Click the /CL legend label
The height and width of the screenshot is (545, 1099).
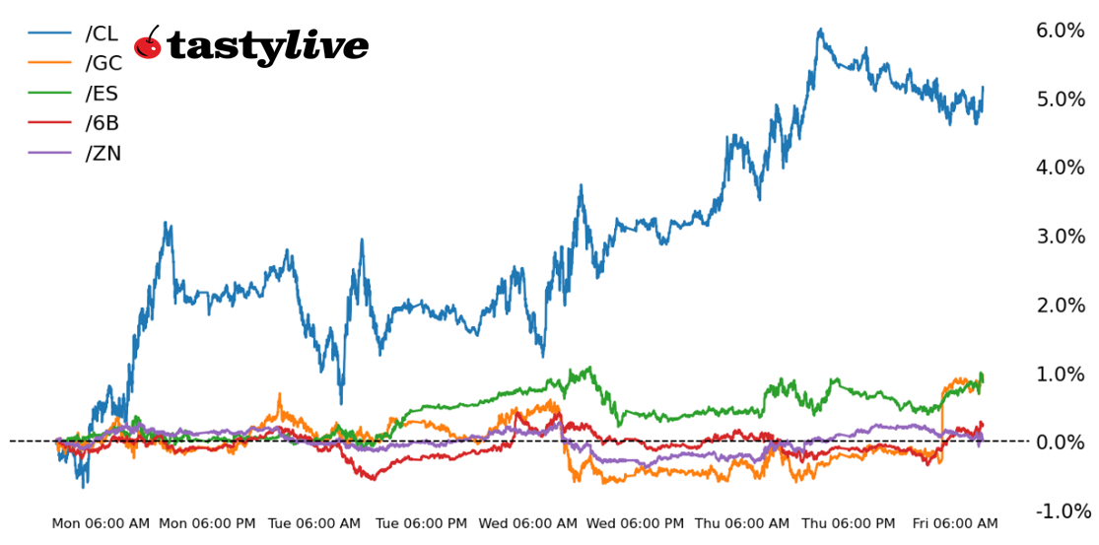102,34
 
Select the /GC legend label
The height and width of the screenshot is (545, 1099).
103,64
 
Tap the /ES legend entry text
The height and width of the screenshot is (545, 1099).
103,94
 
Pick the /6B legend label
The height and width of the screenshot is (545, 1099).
103,123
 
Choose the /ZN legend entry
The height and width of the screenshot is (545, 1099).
103,154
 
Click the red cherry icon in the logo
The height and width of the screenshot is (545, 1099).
148,44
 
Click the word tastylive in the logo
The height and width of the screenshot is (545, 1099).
268,46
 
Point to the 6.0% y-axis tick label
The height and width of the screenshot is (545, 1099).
1060,31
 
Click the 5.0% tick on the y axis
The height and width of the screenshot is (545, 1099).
1060,100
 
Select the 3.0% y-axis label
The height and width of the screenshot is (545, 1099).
1060,237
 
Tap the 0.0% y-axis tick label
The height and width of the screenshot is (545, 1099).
1060,443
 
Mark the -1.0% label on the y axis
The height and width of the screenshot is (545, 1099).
1063,511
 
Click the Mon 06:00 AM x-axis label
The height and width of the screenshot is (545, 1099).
101,524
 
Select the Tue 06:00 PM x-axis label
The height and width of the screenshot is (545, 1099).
421,524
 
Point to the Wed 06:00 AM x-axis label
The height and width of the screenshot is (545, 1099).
527,524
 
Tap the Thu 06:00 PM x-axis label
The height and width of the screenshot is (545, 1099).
848,524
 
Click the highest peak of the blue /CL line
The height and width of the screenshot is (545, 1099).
820,30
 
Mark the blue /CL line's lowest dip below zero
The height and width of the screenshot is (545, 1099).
83,486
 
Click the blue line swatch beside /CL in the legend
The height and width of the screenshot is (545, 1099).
49,34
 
